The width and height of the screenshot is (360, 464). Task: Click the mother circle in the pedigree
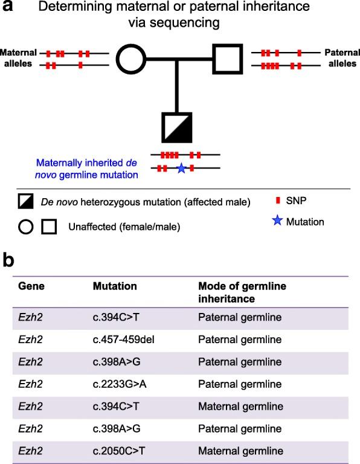[x=131, y=59]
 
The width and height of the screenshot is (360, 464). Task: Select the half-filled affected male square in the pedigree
[x=176, y=127]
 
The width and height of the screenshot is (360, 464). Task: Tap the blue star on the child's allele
[x=181, y=169]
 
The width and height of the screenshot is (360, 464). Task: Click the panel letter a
[x=8, y=8]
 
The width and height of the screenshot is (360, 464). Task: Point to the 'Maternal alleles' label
[x=19, y=59]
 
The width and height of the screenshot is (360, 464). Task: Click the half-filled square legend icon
[x=25, y=202]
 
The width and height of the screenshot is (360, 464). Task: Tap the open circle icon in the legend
[x=26, y=227]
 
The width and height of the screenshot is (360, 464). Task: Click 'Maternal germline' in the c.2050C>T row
[x=240, y=449]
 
